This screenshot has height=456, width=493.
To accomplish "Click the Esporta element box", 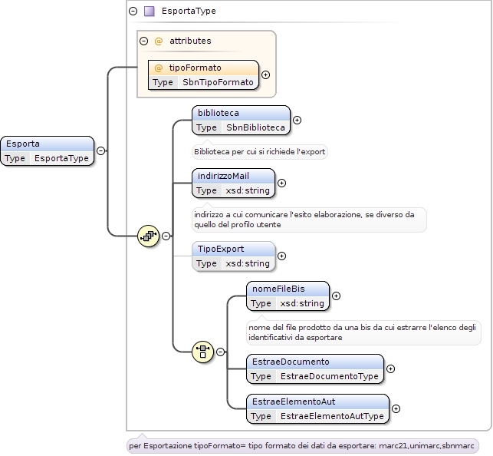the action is [x=48, y=150].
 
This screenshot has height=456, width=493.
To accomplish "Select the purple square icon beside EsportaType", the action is [x=149, y=11].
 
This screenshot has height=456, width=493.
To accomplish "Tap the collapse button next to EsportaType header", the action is [x=133, y=11].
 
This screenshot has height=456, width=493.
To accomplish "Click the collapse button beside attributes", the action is [x=143, y=41].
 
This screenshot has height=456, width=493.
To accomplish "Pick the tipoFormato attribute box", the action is [x=203, y=75].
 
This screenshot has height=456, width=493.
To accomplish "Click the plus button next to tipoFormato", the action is [x=266, y=75].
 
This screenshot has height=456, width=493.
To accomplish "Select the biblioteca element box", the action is [x=241, y=121].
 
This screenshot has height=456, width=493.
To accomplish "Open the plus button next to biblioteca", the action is [x=297, y=121].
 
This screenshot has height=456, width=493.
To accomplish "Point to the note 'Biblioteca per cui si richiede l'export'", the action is [x=260, y=152].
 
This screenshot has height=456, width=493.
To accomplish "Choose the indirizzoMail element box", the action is [x=233, y=183].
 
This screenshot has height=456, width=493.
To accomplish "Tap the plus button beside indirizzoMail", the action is [x=281, y=183].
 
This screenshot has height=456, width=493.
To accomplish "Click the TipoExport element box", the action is [x=233, y=256].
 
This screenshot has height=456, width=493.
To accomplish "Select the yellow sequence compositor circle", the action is [x=148, y=236].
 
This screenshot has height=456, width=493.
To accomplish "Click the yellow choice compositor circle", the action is [x=202, y=352].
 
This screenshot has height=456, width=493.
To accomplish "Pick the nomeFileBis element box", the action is [x=288, y=296].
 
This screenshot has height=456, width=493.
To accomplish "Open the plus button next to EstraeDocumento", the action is [x=390, y=368].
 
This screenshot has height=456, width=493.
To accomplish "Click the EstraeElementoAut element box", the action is [x=317, y=409].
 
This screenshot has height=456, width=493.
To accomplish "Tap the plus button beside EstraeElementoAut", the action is [x=396, y=409].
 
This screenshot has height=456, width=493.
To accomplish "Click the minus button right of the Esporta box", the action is [x=100, y=150].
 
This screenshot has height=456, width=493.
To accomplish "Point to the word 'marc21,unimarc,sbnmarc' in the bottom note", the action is [x=426, y=446].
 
